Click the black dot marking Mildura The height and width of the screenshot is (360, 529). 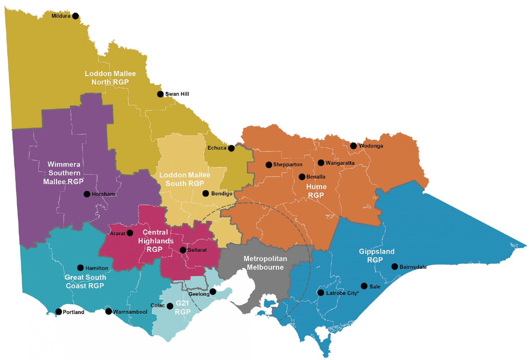[76, 16]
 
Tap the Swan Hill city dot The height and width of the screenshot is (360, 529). [160, 94]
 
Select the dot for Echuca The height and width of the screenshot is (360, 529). [231, 148]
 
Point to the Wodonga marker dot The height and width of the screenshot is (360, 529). [353, 146]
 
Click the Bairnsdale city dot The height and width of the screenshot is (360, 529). [395, 266]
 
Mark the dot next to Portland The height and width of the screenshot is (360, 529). [59, 312]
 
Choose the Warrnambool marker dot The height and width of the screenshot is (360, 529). [109, 311]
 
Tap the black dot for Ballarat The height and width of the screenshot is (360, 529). [183, 250]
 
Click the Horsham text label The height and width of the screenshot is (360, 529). [103, 194]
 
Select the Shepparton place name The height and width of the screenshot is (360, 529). [288, 164]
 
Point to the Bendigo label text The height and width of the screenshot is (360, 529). [222, 193]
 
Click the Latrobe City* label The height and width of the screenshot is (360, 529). [342, 293]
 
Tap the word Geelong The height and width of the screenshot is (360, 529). [199, 294]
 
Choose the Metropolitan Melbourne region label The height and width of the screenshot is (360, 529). [265, 263]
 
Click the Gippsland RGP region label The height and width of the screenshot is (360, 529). [376, 256]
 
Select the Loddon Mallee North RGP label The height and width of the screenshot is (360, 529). [110, 78]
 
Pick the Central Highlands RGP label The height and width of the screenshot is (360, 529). [155, 241]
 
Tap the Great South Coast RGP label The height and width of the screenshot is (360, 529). [85, 281]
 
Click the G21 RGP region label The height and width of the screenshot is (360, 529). [182, 307]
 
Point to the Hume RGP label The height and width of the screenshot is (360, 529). [316, 191]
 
